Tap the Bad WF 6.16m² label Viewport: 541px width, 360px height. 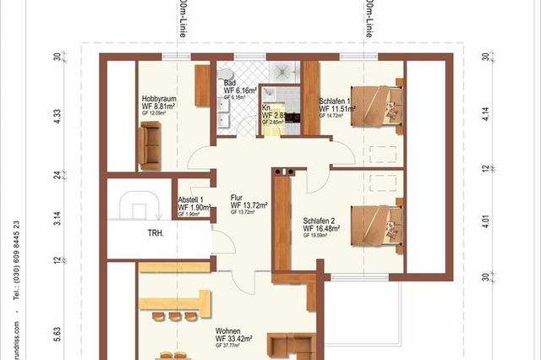tap(239, 89)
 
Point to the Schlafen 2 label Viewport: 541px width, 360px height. tap(326, 226)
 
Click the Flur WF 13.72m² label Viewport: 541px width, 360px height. tap(249, 205)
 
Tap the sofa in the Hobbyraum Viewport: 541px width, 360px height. tap(150, 143)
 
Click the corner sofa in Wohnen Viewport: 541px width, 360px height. tap(291, 346)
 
